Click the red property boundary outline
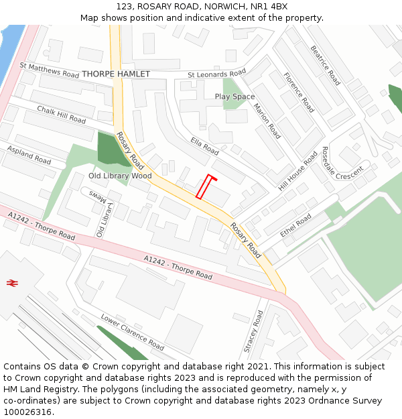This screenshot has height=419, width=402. (206, 187)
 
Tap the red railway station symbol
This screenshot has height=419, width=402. (11, 284)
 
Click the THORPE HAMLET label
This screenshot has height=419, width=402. (116, 74)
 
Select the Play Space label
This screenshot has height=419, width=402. (234, 97)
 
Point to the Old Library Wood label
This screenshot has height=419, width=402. (120, 176)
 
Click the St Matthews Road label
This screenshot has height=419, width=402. (50, 70)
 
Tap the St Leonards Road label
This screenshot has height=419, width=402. (216, 74)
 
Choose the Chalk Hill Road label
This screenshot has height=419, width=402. (62, 115)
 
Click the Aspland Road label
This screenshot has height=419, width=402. (29, 156)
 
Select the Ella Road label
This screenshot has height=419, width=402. (204, 145)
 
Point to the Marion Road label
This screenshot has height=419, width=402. (267, 121)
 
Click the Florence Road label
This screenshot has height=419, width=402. (299, 93)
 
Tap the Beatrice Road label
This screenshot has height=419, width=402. (326, 65)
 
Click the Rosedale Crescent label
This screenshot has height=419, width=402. (342, 163)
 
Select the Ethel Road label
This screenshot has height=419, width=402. (296, 225)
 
